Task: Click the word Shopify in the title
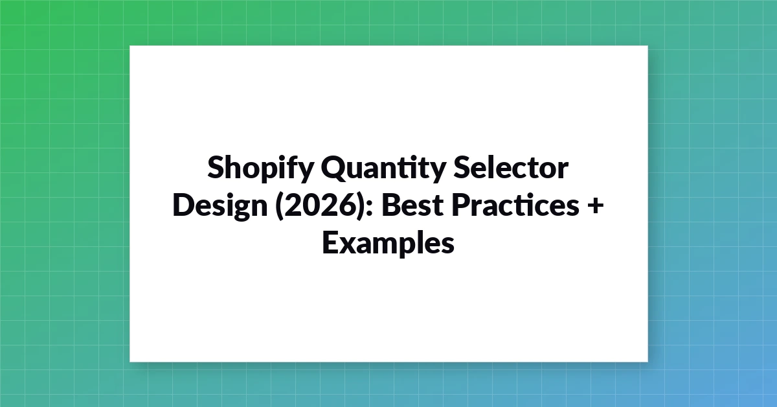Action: click(260, 169)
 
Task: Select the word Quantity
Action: click(383, 169)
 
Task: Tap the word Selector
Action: click(511, 167)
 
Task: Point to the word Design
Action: click(220, 206)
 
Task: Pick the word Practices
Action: click(515, 205)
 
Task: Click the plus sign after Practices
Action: click(596, 205)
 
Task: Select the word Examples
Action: click(388, 244)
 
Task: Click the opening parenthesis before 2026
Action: click(280, 206)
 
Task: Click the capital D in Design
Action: click(183, 205)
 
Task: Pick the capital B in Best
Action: click(391, 205)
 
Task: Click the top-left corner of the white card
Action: click(129, 45)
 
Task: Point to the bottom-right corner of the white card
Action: click(647, 362)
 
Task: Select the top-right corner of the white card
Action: click(647, 45)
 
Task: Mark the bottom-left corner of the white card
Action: click(129, 362)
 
